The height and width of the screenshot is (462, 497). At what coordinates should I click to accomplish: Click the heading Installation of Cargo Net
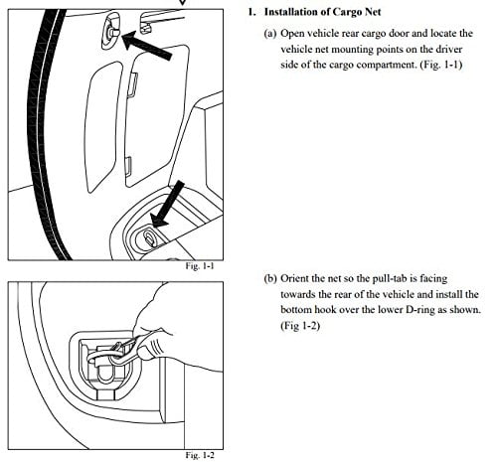pos(322,12)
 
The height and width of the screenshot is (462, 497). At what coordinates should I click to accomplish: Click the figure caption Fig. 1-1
pos(200,266)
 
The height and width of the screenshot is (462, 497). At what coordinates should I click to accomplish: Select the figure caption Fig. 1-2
pos(200,455)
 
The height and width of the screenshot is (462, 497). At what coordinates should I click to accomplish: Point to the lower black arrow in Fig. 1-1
pos(168,204)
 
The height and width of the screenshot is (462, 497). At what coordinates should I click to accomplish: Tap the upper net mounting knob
pos(112,33)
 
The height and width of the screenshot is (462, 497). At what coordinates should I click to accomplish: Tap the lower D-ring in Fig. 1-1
pos(149,237)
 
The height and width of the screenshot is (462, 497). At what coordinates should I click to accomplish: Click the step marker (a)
pos(270,34)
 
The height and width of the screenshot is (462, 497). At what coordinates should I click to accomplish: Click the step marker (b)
pos(270,279)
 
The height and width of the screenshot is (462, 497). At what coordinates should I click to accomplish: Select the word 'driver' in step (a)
pos(448,50)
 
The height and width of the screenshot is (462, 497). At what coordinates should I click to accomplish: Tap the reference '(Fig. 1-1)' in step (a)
pos(441,65)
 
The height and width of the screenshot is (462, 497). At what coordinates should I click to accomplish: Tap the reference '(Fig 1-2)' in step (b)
pos(300,326)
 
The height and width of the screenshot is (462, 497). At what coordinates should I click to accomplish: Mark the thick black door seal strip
pos(47,132)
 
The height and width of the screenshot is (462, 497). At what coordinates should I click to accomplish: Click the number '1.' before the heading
pos(251,12)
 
